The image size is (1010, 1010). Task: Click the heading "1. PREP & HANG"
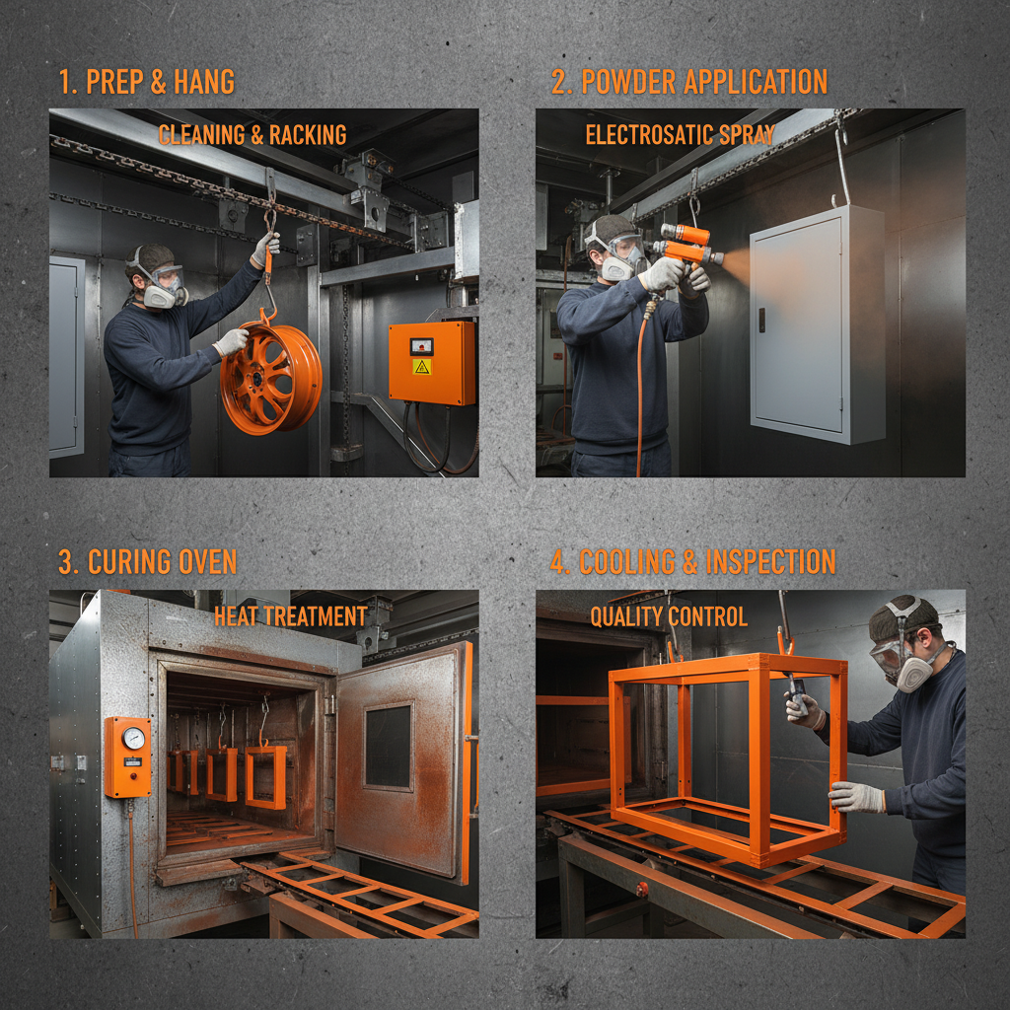click(146, 82)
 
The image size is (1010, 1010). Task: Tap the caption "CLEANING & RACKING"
click(252, 134)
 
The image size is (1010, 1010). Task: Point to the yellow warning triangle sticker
click(421, 367)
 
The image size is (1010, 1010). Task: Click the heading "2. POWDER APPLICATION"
click(688, 82)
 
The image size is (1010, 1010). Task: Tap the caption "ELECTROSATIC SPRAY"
click(680, 134)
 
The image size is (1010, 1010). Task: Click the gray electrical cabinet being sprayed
click(815, 324)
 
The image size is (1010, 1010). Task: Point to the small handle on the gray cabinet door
click(760, 320)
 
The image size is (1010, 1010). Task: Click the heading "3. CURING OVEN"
click(147, 562)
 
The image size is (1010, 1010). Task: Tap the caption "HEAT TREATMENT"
click(290, 616)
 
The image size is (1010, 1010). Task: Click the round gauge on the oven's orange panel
click(133, 738)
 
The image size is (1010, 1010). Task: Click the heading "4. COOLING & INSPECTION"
click(692, 562)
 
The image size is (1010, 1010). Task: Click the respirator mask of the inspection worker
click(913, 671)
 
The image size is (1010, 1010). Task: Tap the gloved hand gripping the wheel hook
click(265, 247)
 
